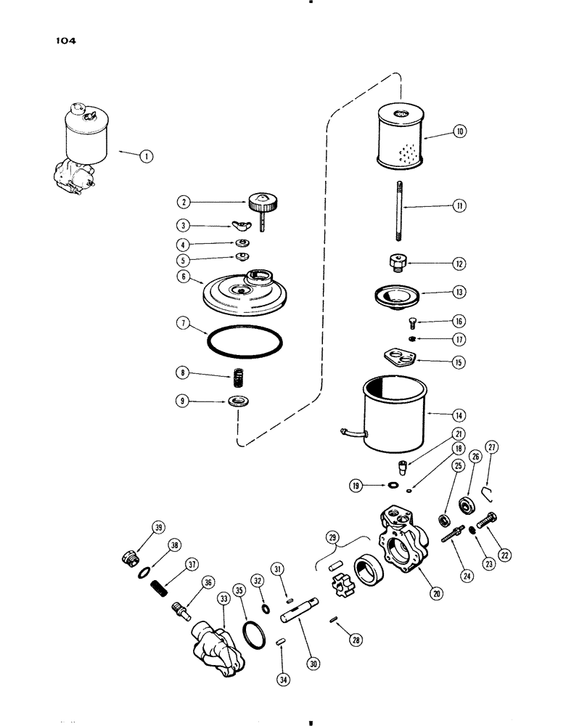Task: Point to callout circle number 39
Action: click(x=157, y=527)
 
